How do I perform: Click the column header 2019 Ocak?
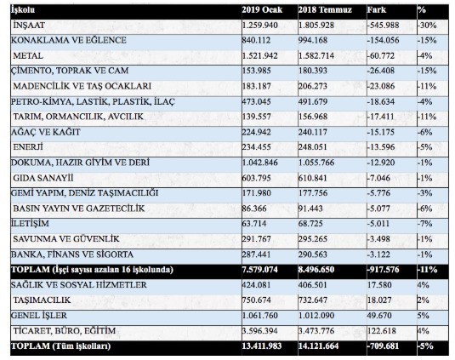(262, 10)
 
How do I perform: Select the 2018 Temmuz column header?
(325, 10)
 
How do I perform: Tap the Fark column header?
(377, 10)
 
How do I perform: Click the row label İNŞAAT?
(29, 26)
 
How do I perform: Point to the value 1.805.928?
(317, 26)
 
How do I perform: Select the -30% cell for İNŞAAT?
(427, 26)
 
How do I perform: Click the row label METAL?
(28, 55)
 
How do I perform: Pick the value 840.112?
(256, 40)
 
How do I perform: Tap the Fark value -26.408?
(381, 71)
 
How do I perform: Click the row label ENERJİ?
(28, 147)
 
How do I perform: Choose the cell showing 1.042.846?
(260, 163)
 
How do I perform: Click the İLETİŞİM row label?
(30, 224)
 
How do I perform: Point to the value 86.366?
(253, 209)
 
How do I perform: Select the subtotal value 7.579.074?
(260, 270)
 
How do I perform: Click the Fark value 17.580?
(379, 285)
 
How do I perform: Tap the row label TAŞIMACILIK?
(42, 300)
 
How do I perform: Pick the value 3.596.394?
(260, 331)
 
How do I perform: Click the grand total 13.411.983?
(262, 346)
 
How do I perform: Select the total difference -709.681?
(383, 346)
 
